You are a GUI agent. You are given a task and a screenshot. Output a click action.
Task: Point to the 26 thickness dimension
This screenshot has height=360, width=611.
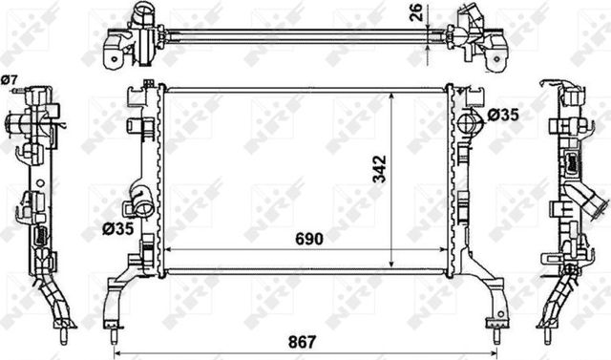click(x=414, y=11)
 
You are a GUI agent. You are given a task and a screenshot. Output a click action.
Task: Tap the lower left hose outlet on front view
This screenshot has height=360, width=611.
click(x=139, y=204)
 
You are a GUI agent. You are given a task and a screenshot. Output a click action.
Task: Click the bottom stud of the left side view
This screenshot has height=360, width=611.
click(x=64, y=336)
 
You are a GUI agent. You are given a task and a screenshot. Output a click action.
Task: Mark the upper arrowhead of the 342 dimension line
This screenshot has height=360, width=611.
click(x=392, y=96)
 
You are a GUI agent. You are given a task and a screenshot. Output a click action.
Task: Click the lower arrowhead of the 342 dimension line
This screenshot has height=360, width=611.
click(x=392, y=265)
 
